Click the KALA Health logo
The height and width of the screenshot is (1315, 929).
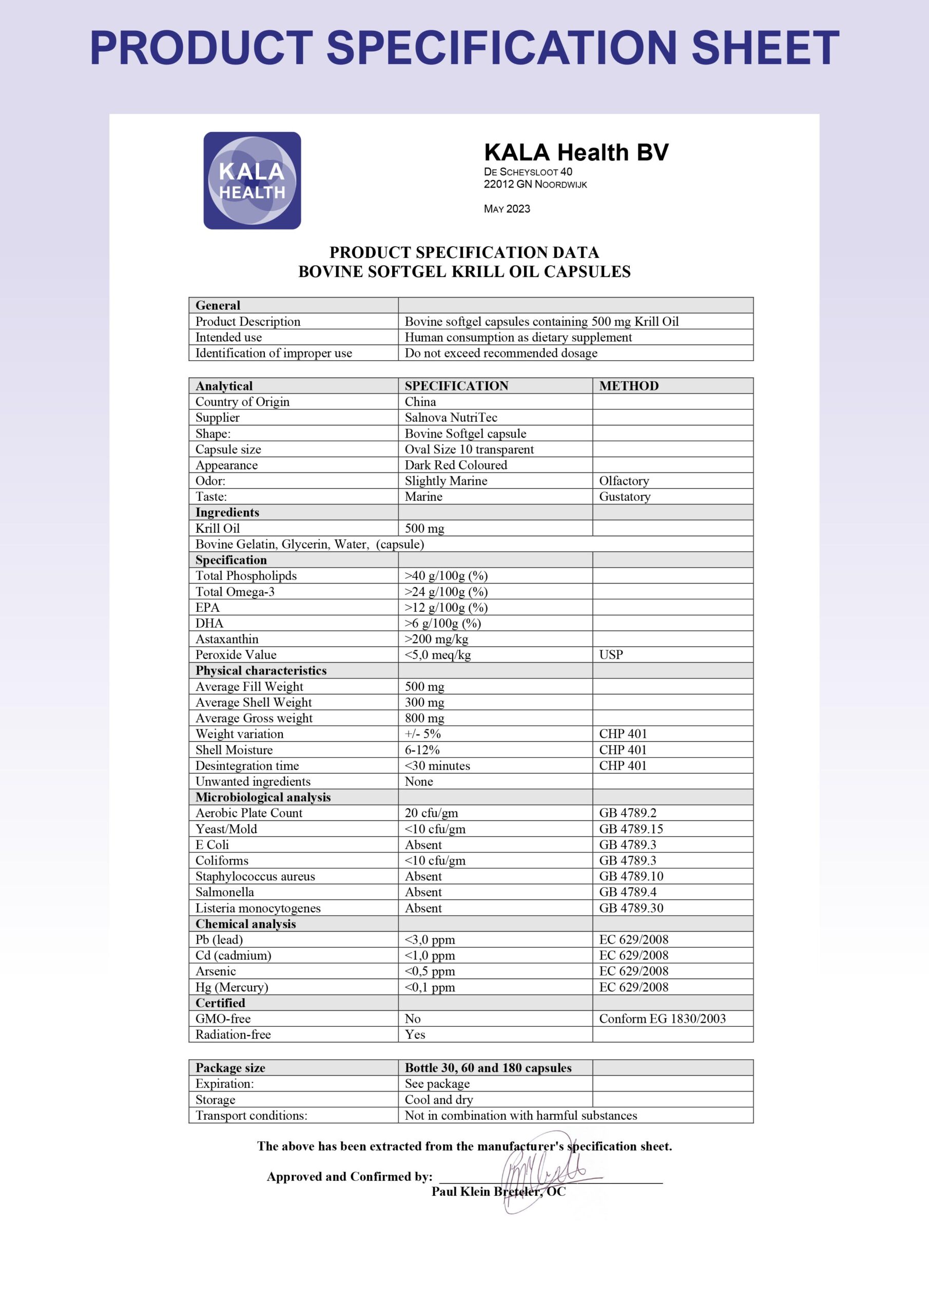point(252,180)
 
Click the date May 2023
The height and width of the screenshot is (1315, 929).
point(507,209)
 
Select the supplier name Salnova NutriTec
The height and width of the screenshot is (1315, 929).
point(451,418)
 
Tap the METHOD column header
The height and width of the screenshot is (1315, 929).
point(629,386)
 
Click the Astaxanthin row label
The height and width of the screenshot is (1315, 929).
point(227,639)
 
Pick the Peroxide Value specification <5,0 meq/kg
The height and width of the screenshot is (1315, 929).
point(437,654)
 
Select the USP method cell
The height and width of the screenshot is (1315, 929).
point(611,654)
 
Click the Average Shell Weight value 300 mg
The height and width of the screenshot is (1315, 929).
point(424,702)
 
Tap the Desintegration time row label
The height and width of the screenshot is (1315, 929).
point(247,766)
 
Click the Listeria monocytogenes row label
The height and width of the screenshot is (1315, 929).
point(258,908)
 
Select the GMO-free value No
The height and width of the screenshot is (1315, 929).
point(412,1018)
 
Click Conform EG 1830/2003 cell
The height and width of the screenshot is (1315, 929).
point(662,1018)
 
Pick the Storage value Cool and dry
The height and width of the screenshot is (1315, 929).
point(438,1100)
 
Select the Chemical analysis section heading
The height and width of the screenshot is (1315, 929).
point(245,924)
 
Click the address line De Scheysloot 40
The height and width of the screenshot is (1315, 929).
point(528,172)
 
